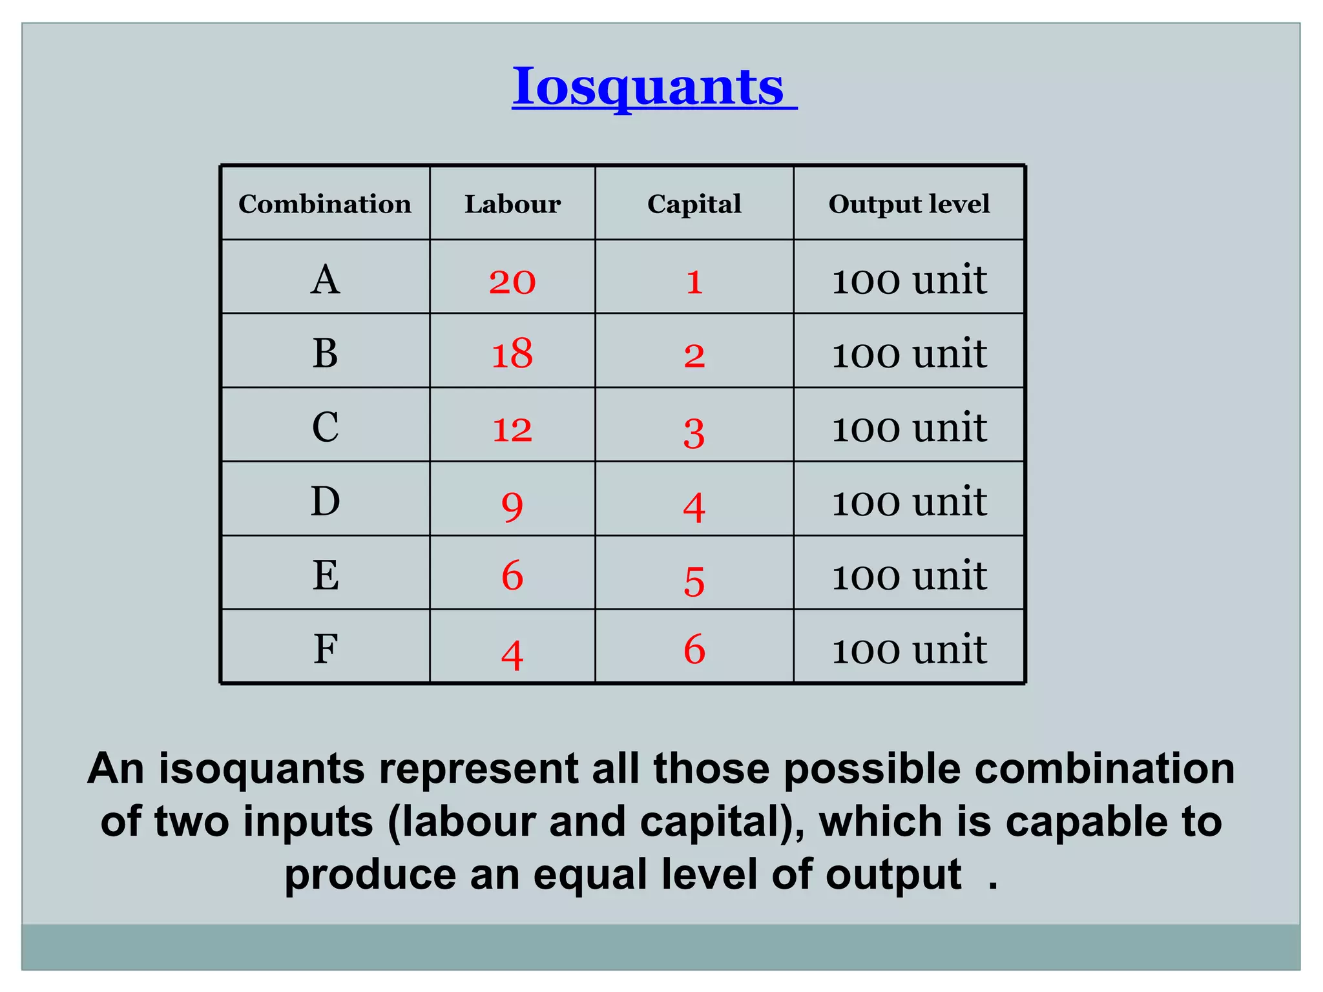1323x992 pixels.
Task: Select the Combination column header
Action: point(325,204)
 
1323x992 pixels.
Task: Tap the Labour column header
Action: point(512,204)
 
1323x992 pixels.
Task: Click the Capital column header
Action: point(694,204)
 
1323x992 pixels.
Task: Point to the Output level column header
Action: point(909,204)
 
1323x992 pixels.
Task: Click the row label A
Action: point(325,280)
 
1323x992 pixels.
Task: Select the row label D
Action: point(325,502)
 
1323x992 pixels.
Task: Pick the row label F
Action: point(326,649)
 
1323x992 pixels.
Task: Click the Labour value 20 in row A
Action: point(512,282)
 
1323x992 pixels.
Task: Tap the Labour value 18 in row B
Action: point(512,355)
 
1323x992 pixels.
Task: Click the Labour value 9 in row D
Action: point(512,506)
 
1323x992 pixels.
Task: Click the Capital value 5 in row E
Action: point(694,581)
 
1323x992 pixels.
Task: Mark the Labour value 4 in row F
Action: point(512,655)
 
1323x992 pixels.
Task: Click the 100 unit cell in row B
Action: point(909,354)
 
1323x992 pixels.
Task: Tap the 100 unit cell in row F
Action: point(909,649)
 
